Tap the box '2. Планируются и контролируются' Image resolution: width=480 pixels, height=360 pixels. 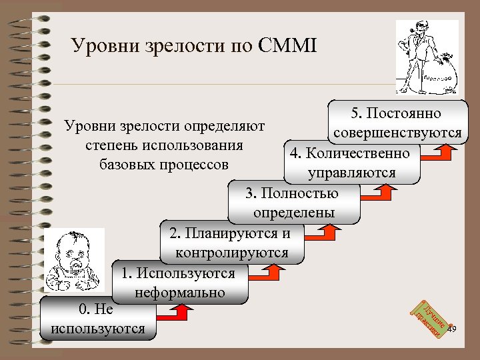232,243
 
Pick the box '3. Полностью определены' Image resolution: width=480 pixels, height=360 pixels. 293,203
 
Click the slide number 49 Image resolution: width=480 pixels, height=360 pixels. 452,330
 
